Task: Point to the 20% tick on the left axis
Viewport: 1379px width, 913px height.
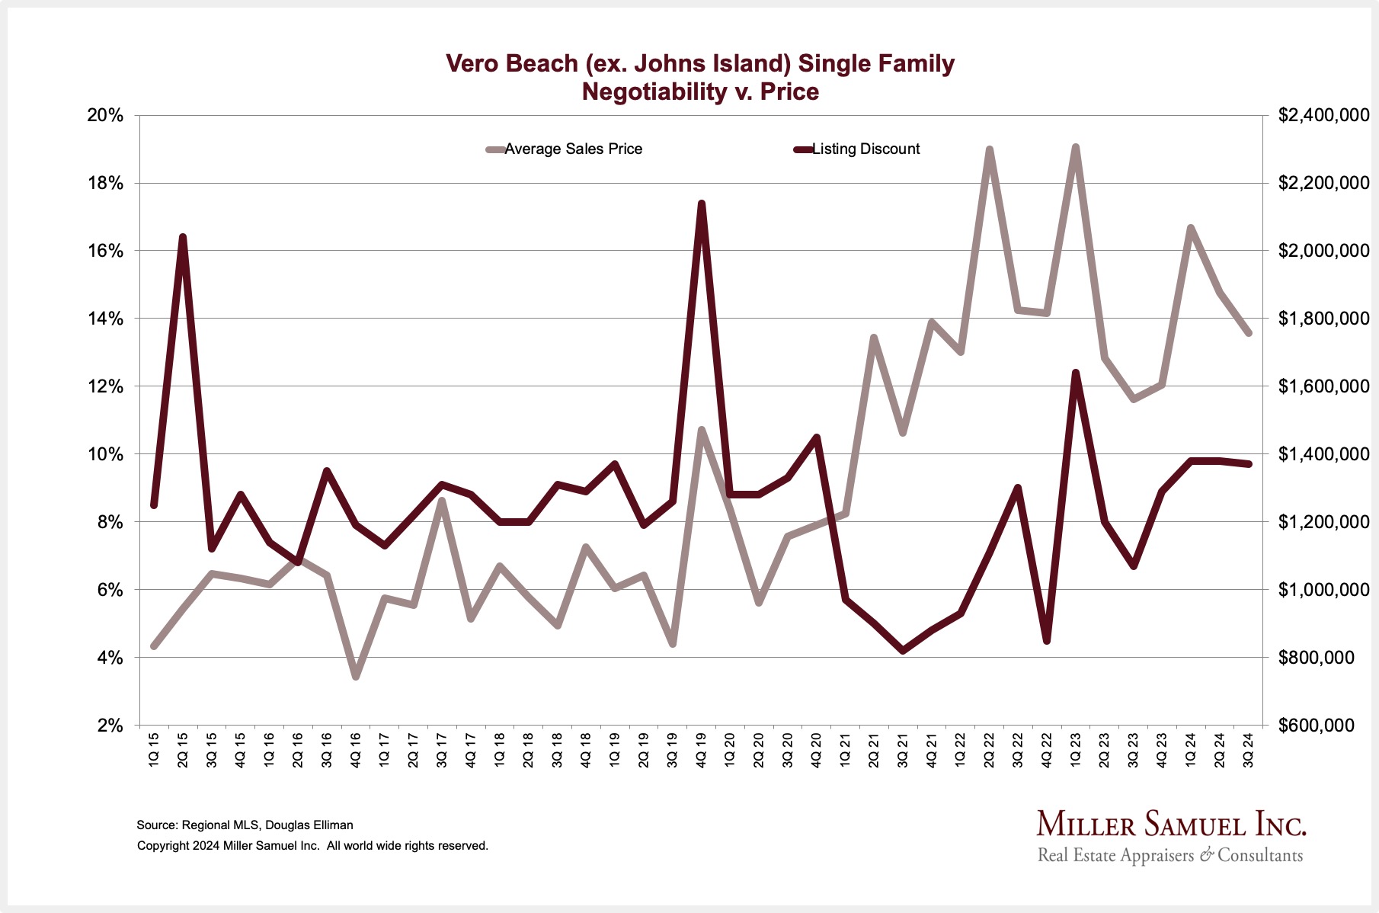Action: (105, 116)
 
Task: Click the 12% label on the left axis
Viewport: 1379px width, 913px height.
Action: (105, 386)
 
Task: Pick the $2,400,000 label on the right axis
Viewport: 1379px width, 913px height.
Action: (1323, 116)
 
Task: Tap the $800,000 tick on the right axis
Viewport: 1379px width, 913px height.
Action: (1316, 657)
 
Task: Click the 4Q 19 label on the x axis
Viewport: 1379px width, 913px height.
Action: (702, 751)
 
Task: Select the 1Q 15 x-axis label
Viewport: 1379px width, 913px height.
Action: (153, 751)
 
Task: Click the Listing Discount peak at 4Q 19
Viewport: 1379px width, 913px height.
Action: (702, 203)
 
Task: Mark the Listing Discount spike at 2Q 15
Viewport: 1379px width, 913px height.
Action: (183, 237)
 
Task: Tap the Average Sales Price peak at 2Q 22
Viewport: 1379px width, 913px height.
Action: (989, 149)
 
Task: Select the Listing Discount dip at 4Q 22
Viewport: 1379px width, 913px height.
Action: (1047, 641)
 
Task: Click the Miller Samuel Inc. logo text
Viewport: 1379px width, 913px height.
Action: (1171, 825)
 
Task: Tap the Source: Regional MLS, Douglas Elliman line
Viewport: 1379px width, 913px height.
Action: (245, 825)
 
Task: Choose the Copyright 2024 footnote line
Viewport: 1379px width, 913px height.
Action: (312, 845)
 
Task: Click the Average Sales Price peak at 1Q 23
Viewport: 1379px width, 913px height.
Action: (1075, 147)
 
